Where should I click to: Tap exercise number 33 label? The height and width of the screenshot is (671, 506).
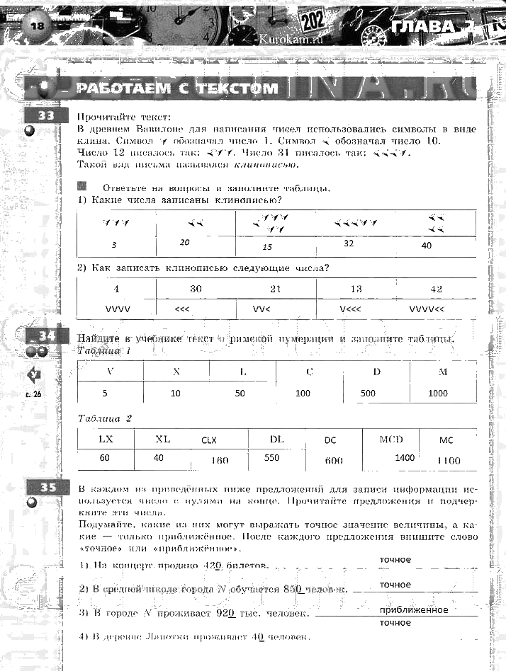pyautogui.click(x=45, y=116)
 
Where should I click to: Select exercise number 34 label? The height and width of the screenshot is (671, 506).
pyautogui.click(x=45, y=336)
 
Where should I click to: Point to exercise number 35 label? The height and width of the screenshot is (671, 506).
pyautogui.click(x=47, y=487)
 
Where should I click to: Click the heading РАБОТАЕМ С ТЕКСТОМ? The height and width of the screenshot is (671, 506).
pyautogui.click(x=176, y=88)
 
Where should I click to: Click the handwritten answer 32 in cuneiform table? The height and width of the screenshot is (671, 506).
pyautogui.click(x=349, y=243)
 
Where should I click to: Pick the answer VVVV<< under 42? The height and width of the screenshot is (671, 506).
pyautogui.click(x=427, y=309)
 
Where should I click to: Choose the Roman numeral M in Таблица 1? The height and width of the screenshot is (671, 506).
pyautogui.click(x=443, y=371)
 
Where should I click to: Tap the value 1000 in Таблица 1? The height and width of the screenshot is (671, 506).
pyautogui.click(x=438, y=393)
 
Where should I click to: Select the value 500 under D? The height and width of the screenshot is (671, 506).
pyautogui.click(x=369, y=393)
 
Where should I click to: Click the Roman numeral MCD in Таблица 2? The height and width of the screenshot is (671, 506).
pyautogui.click(x=390, y=440)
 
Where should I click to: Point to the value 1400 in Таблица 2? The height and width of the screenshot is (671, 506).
pyautogui.click(x=405, y=458)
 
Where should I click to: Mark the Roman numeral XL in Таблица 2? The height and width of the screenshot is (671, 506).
pyautogui.click(x=163, y=440)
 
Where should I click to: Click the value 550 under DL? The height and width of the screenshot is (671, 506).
pyautogui.click(x=271, y=458)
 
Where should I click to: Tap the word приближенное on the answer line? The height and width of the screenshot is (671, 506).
pyautogui.click(x=414, y=609)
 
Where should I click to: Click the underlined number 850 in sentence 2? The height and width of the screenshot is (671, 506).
pyautogui.click(x=293, y=589)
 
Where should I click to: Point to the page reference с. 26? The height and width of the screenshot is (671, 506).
pyautogui.click(x=33, y=395)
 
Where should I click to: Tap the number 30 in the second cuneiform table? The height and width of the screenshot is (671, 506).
pyautogui.click(x=196, y=289)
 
